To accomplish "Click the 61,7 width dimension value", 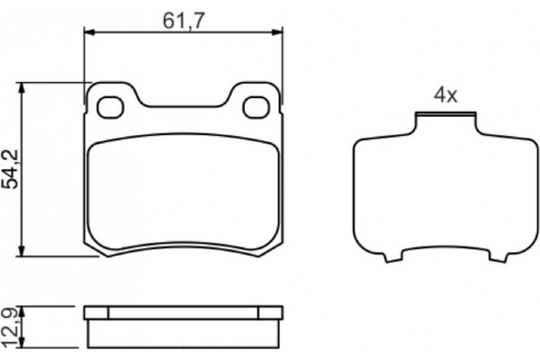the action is pos(184,21).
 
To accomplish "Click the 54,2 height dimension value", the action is pos(10,169).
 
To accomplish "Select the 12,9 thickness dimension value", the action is pos(10,328).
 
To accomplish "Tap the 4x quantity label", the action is pos(445,94).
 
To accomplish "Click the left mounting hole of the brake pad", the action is pos(110,107).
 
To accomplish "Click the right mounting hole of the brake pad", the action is pos(256,107).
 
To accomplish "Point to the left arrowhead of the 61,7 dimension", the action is pos(89,32).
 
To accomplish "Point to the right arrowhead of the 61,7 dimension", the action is pos(277,32).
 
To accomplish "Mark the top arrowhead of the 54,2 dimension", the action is pos(22,88).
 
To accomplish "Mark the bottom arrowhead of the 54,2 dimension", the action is pos(22,251).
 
